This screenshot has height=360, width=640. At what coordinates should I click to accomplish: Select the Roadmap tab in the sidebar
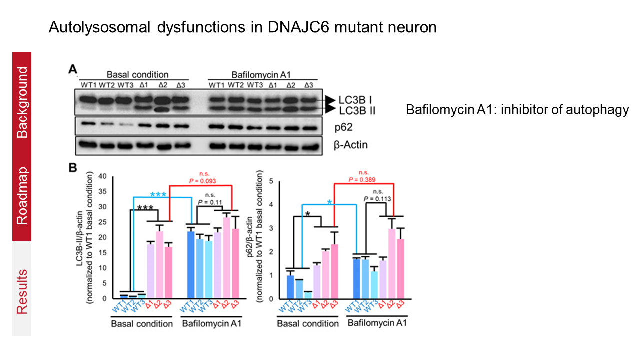[x=22, y=196]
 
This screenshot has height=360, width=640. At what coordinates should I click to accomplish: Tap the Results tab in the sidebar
[x=22, y=291]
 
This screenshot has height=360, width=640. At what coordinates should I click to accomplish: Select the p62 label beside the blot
[x=344, y=128]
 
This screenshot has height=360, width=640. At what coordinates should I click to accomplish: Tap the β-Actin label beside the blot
[x=351, y=145]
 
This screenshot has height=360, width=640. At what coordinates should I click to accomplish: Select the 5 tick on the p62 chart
[x=270, y=181]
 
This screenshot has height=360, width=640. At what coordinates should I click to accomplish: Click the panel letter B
[x=72, y=168]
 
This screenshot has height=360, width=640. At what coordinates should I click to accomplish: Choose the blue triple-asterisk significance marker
[x=159, y=194]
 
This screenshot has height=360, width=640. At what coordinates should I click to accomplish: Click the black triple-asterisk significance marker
[x=145, y=208]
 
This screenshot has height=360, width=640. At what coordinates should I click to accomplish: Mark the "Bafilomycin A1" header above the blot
[x=262, y=74]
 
